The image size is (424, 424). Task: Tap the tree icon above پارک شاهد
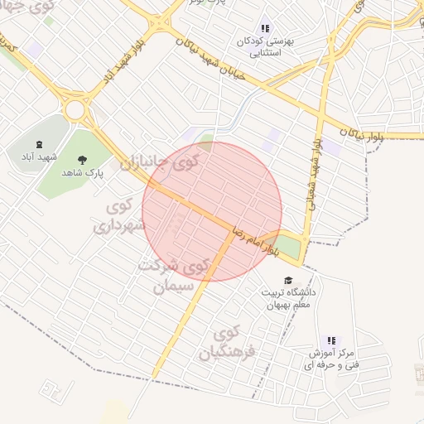[81, 159]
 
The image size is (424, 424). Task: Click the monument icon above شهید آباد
[41, 142]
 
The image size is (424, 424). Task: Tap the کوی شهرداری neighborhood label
[121, 214]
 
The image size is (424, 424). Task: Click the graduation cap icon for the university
[287, 281]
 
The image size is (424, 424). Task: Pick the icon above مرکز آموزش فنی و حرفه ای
[331, 340]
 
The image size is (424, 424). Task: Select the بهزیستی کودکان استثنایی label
[265, 46]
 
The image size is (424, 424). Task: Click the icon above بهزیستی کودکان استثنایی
[265, 28]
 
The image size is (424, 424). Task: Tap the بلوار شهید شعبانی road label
[316, 178]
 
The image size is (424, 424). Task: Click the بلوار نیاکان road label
[365, 133]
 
